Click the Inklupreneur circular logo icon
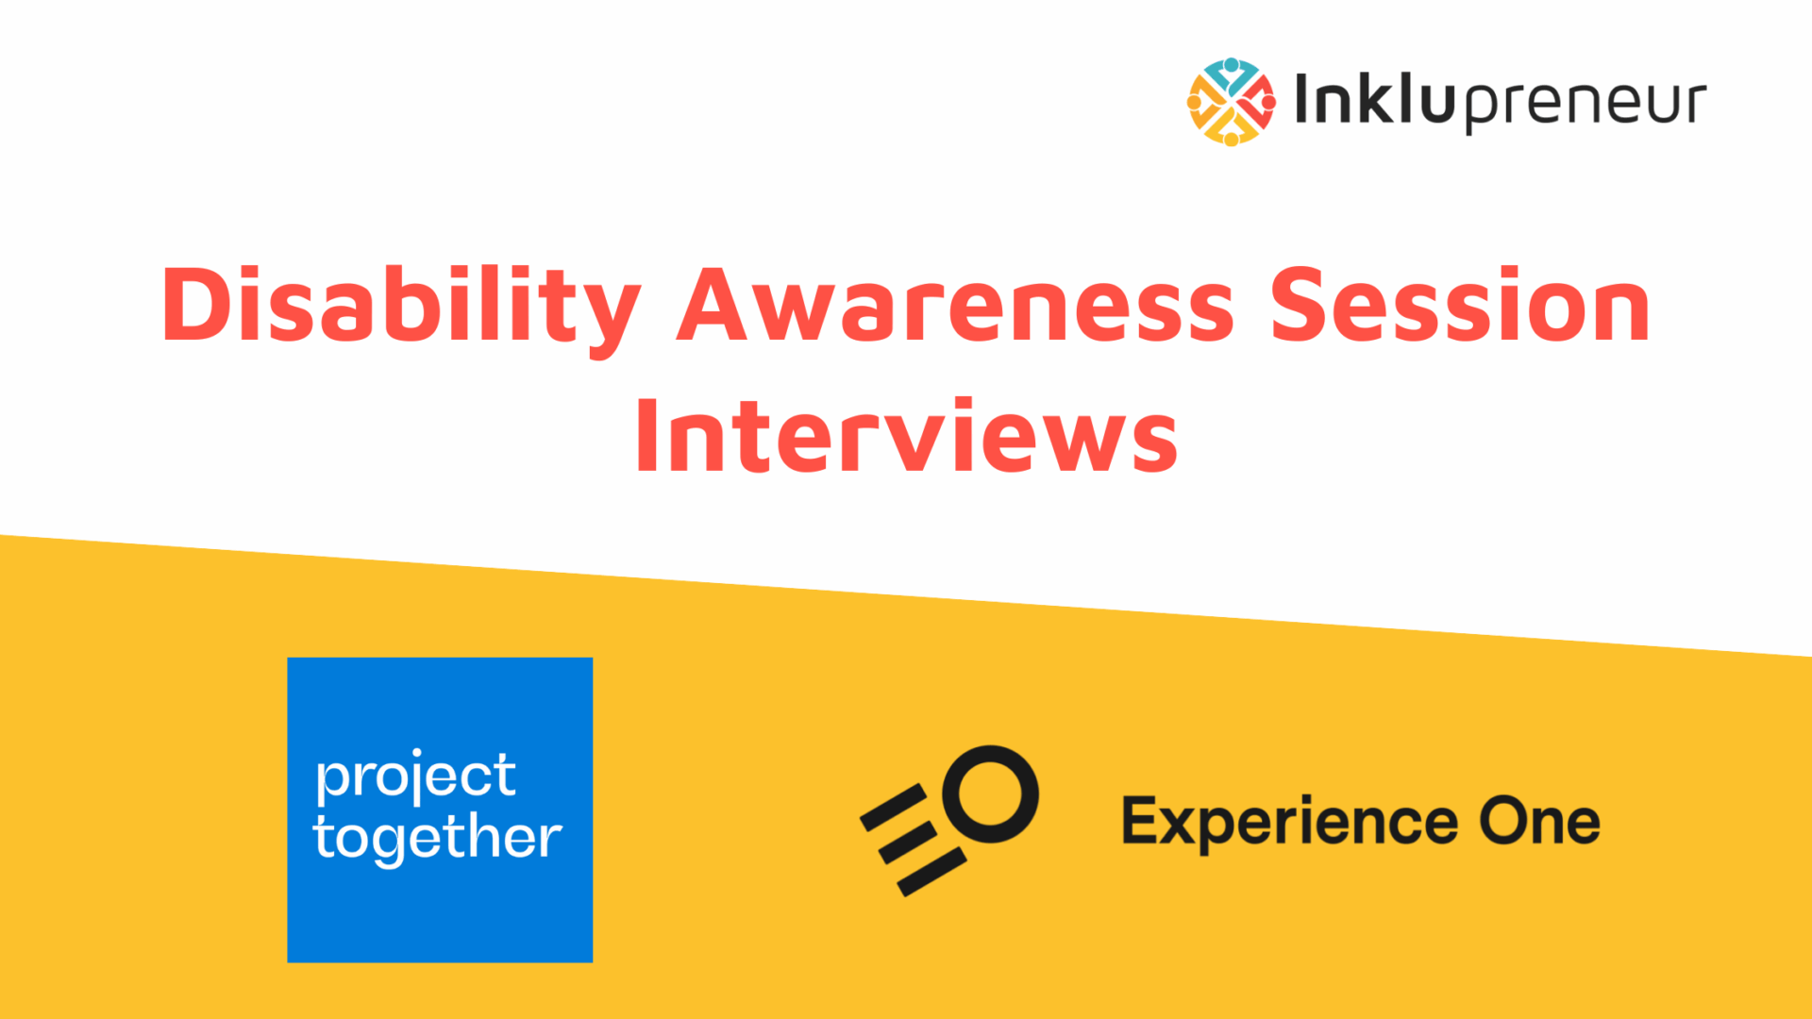[x=1231, y=102]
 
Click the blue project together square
[x=440, y=810]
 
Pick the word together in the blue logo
[x=438, y=838]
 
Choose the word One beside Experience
[x=1539, y=821]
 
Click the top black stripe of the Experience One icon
[x=895, y=808]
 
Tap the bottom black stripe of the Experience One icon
[x=931, y=872]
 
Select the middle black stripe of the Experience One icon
[x=908, y=843]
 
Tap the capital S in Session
[x=1300, y=304]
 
